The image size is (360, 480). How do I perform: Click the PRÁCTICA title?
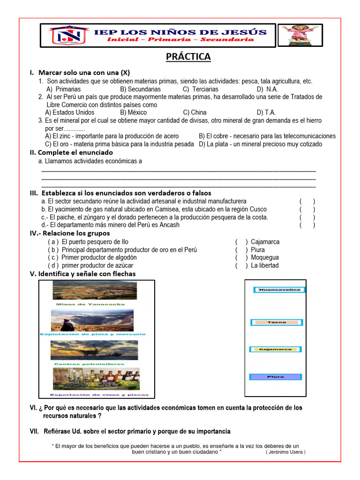(x=188, y=57)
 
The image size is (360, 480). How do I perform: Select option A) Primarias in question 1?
(x=63, y=89)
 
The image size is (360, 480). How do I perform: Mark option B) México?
(x=133, y=112)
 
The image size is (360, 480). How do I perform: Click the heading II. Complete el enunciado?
(x=71, y=152)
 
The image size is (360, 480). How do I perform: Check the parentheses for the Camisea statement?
(x=307, y=209)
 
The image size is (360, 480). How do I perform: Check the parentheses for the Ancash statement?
(x=307, y=225)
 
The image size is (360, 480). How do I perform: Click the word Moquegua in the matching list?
(x=264, y=257)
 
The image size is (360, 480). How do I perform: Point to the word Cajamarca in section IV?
(x=265, y=242)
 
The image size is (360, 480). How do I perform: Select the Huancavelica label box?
(x=277, y=290)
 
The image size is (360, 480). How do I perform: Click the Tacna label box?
(x=276, y=322)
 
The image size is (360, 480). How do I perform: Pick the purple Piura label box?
(x=275, y=376)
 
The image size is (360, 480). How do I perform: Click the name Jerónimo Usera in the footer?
(x=285, y=452)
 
